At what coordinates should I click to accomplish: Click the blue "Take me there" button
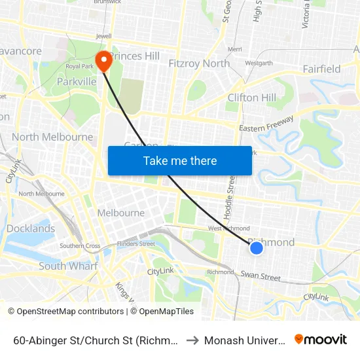click(x=180, y=160)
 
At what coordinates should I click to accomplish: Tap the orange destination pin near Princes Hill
click(x=103, y=61)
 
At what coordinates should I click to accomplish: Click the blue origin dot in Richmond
click(x=257, y=247)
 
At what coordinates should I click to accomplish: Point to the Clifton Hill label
click(x=251, y=98)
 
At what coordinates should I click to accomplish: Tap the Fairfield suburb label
click(x=321, y=69)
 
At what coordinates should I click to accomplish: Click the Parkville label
click(x=77, y=81)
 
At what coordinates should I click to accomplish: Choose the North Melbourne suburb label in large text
click(x=52, y=137)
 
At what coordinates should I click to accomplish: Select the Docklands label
click(x=31, y=228)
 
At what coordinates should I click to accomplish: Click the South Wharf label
click(x=68, y=266)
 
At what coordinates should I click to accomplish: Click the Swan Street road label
click(x=260, y=276)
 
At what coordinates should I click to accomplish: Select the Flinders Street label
click(x=137, y=243)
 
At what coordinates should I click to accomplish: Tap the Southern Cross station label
click(x=80, y=246)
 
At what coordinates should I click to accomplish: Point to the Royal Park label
click(x=80, y=66)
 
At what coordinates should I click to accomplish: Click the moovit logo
click(x=321, y=339)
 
